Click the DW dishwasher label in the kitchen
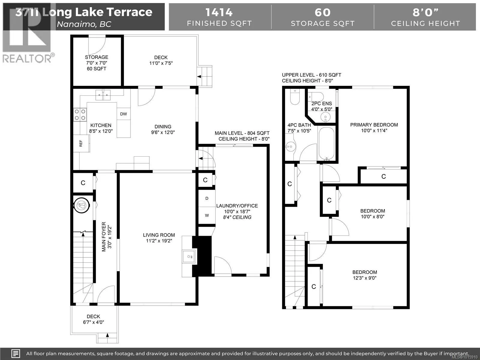124,114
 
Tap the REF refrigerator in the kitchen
81,143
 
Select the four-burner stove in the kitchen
80,115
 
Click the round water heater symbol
82,205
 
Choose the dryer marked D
207,198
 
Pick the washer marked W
207,215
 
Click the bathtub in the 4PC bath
326,144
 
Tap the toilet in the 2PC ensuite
316,96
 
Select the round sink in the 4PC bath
291,146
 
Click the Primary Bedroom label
374,125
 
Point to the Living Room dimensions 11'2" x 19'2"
159,241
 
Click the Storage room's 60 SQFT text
96,69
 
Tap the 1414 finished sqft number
219,12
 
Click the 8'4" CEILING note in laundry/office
237,217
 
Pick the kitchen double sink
103,95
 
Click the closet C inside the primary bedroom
384,177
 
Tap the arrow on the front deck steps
107,335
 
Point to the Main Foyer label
104,237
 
